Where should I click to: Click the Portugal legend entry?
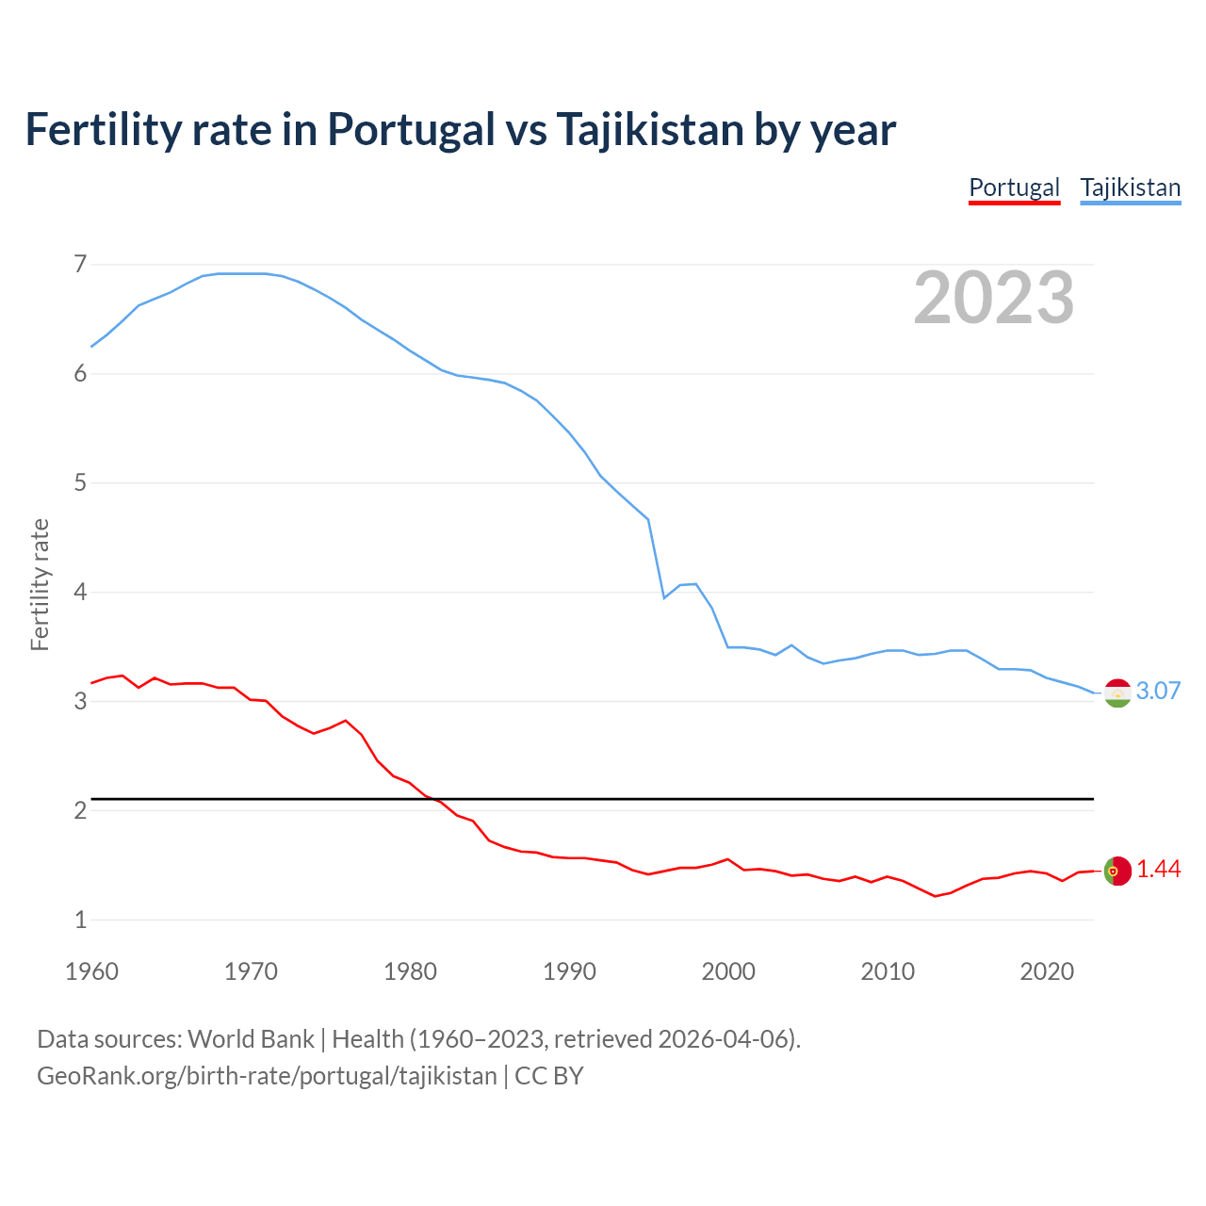point(1014,187)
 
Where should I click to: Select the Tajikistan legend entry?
point(1130,187)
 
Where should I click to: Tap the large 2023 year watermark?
point(993,298)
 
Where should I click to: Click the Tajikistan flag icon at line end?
point(1116,693)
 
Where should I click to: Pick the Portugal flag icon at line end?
point(1116,871)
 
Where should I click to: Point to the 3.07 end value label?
point(1158,691)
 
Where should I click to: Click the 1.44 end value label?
point(1158,869)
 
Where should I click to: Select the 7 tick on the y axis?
point(80,264)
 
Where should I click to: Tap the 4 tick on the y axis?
point(80,592)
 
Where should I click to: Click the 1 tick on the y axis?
point(80,920)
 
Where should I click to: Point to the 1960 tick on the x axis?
point(91,971)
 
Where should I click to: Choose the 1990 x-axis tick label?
point(569,971)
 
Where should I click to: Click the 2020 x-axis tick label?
point(1047,971)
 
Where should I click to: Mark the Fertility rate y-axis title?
point(40,584)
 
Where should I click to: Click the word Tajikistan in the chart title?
point(649,129)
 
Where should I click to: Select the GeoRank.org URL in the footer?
point(267,1075)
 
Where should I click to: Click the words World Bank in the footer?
point(251,1038)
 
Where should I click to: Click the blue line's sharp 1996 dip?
point(664,597)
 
